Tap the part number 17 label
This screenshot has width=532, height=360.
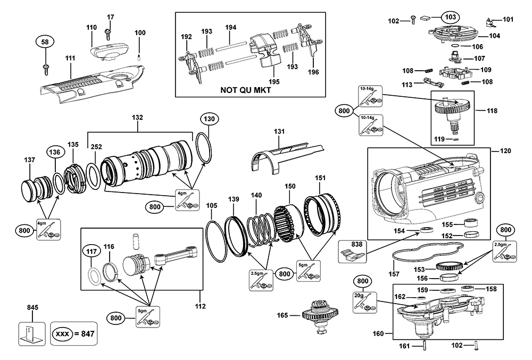click(x=110, y=18)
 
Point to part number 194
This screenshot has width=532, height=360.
click(x=230, y=27)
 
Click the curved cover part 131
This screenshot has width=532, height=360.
click(x=279, y=154)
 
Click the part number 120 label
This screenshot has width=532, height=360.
click(x=505, y=151)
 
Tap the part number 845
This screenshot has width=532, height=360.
click(x=31, y=307)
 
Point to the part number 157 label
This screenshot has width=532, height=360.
click(x=394, y=274)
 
